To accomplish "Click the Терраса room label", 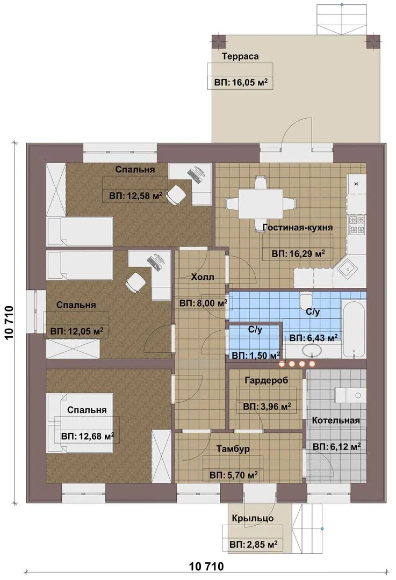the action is [x=240, y=56].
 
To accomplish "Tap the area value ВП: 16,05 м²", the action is [x=241, y=82].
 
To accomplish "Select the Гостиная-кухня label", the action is [x=298, y=227].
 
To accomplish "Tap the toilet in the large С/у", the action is [x=306, y=300].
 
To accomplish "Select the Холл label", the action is [x=203, y=277].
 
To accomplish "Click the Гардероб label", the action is [x=267, y=380].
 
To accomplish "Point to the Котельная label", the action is [x=336, y=421].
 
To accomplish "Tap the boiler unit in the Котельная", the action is [x=350, y=395].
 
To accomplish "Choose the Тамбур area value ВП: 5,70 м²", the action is [x=234, y=475].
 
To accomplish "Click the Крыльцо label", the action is [x=253, y=518].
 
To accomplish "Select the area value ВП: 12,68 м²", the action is [x=88, y=437].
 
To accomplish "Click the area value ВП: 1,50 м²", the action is [x=255, y=356].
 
